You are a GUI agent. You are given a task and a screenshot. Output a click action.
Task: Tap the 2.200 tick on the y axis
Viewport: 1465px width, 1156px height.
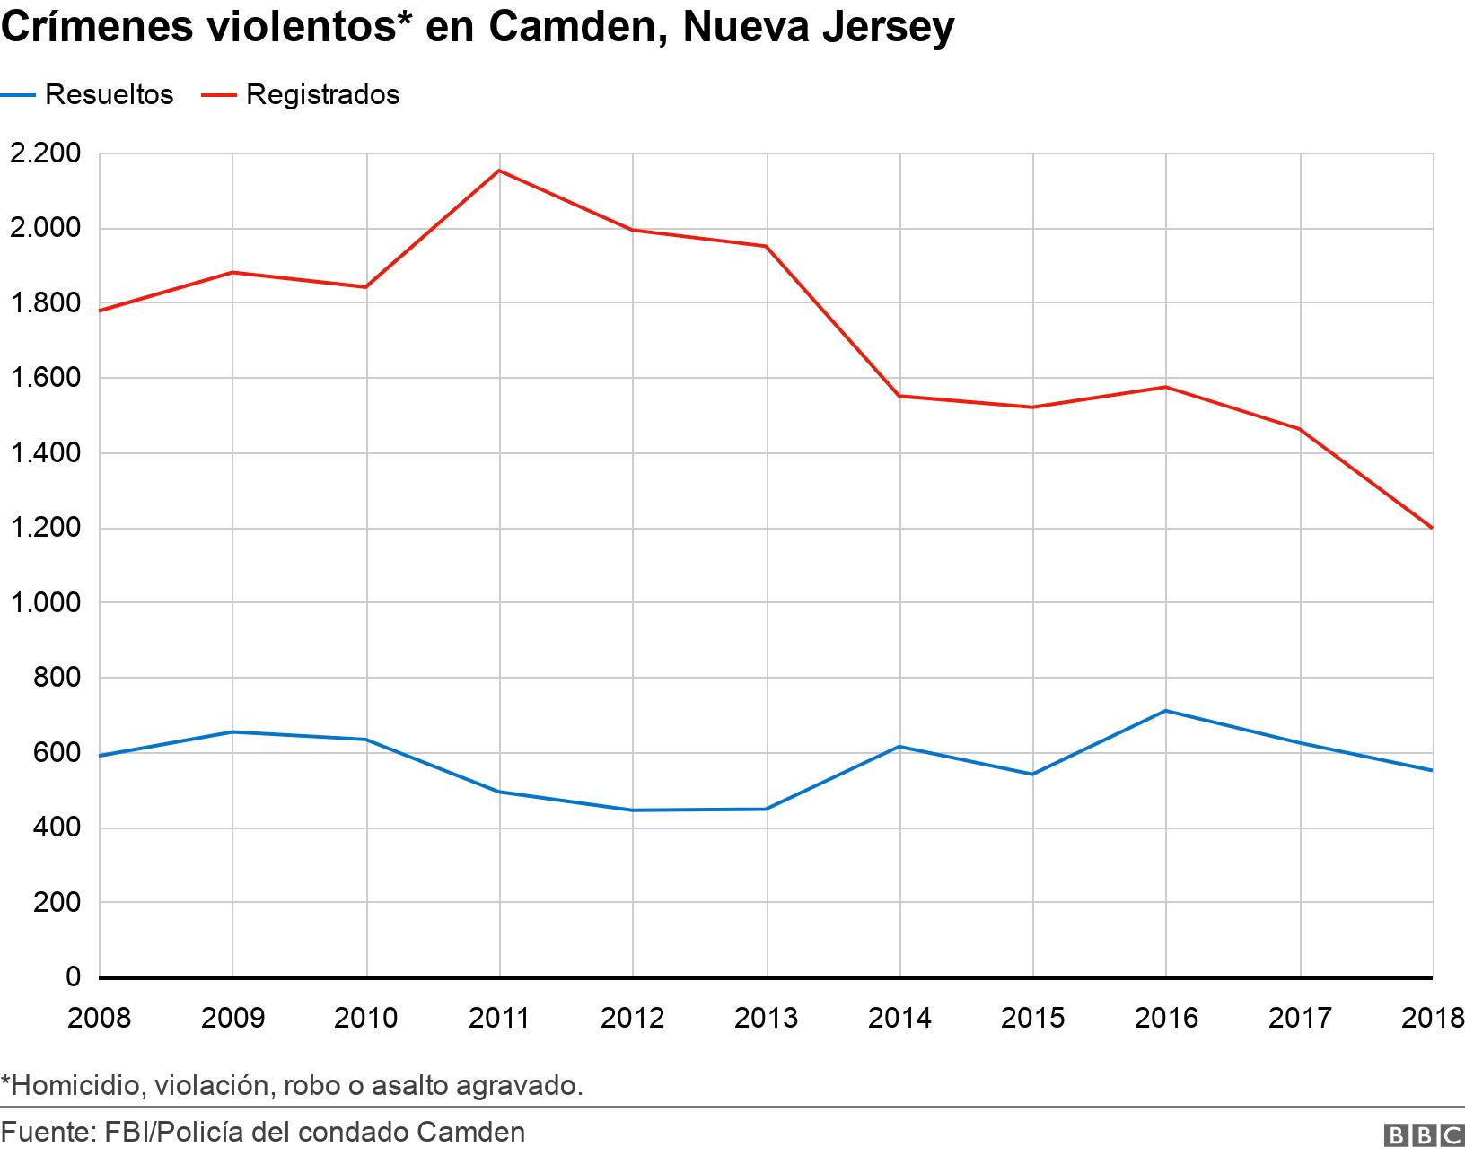(x=44, y=153)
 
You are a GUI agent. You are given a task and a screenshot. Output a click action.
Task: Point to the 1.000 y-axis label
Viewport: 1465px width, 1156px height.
(x=44, y=602)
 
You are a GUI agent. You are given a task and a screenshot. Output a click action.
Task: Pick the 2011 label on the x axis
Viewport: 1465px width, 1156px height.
(x=499, y=1018)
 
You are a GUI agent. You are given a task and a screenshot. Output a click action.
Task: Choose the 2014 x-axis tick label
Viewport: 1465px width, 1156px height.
(x=899, y=1018)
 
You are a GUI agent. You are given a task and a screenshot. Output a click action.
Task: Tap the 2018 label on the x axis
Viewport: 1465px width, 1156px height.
(x=1433, y=1018)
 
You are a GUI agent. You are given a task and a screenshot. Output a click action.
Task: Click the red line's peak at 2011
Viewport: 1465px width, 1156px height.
(x=499, y=171)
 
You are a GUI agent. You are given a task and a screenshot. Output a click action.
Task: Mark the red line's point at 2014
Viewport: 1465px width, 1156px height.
(x=899, y=396)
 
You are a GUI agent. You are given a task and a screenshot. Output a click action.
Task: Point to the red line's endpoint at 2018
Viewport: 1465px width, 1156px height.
(x=1432, y=528)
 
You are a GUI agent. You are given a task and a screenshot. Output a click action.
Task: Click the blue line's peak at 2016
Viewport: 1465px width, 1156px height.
(x=1166, y=711)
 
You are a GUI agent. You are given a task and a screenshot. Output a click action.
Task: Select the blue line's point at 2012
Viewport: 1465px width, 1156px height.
(x=633, y=810)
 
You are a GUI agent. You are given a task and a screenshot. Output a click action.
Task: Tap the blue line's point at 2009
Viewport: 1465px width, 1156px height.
(x=232, y=732)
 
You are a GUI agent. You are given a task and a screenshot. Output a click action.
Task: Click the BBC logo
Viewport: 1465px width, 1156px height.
(x=1423, y=1135)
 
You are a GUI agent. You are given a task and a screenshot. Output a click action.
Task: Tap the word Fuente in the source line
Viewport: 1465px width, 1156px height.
(x=46, y=1132)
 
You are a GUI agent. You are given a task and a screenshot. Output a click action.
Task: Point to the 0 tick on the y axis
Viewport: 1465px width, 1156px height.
(x=73, y=976)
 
